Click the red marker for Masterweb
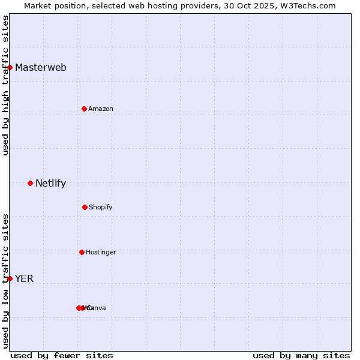pyautogui.click(x=10, y=67)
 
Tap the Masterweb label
pyautogui.click(x=41, y=67)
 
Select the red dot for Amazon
pyautogui.click(x=85, y=109)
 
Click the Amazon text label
pyautogui.click(x=101, y=109)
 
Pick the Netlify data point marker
pyautogui.click(x=31, y=183)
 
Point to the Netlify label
pyautogui.click(x=51, y=184)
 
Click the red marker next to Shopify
pyautogui.click(x=85, y=207)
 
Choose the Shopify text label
pyautogui.click(x=101, y=207)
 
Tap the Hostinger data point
pyautogui.click(x=82, y=252)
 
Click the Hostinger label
pyautogui.click(x=101, y=252)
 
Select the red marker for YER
pyautogui.click(x=10, y=278)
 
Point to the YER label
pyautogui.click(x=25, y=278)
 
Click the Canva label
pyautogui.click(x=97, y=308)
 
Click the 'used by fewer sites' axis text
pyautogui.click(x=62, y=355)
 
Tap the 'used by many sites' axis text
pyautogui.click(x=301, y=355)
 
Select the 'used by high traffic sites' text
pyautogui.click(x=5, y=85)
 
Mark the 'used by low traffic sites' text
pyautogui.click(x=5, y=281)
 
